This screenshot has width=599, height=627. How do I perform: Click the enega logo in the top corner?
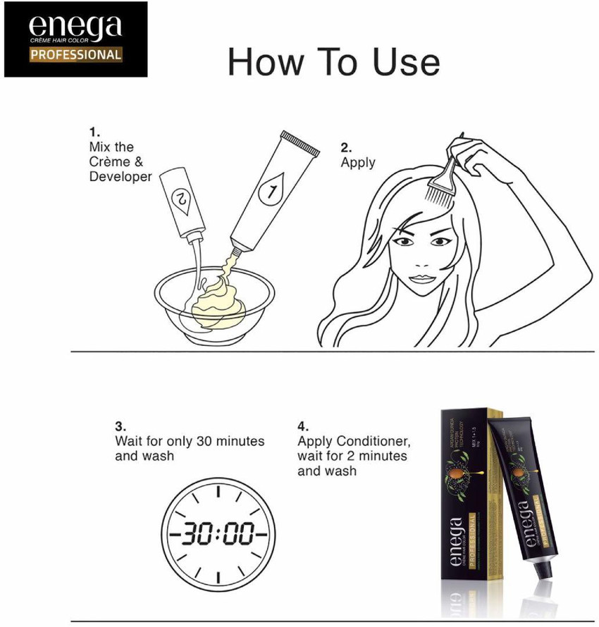coord(75,28)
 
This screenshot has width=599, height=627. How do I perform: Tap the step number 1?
coord(94,132)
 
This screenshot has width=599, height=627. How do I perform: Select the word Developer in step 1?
coord(121,177)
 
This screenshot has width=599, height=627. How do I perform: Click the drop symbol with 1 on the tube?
coord(270,190)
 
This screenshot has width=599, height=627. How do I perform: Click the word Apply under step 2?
coord(358,163)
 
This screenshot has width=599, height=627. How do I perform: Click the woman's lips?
coord(420,277)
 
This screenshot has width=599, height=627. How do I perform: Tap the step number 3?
coord(121,426)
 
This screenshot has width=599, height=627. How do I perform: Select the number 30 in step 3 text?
coord(204,441)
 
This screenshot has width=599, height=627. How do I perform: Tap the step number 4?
coord(303,426)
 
